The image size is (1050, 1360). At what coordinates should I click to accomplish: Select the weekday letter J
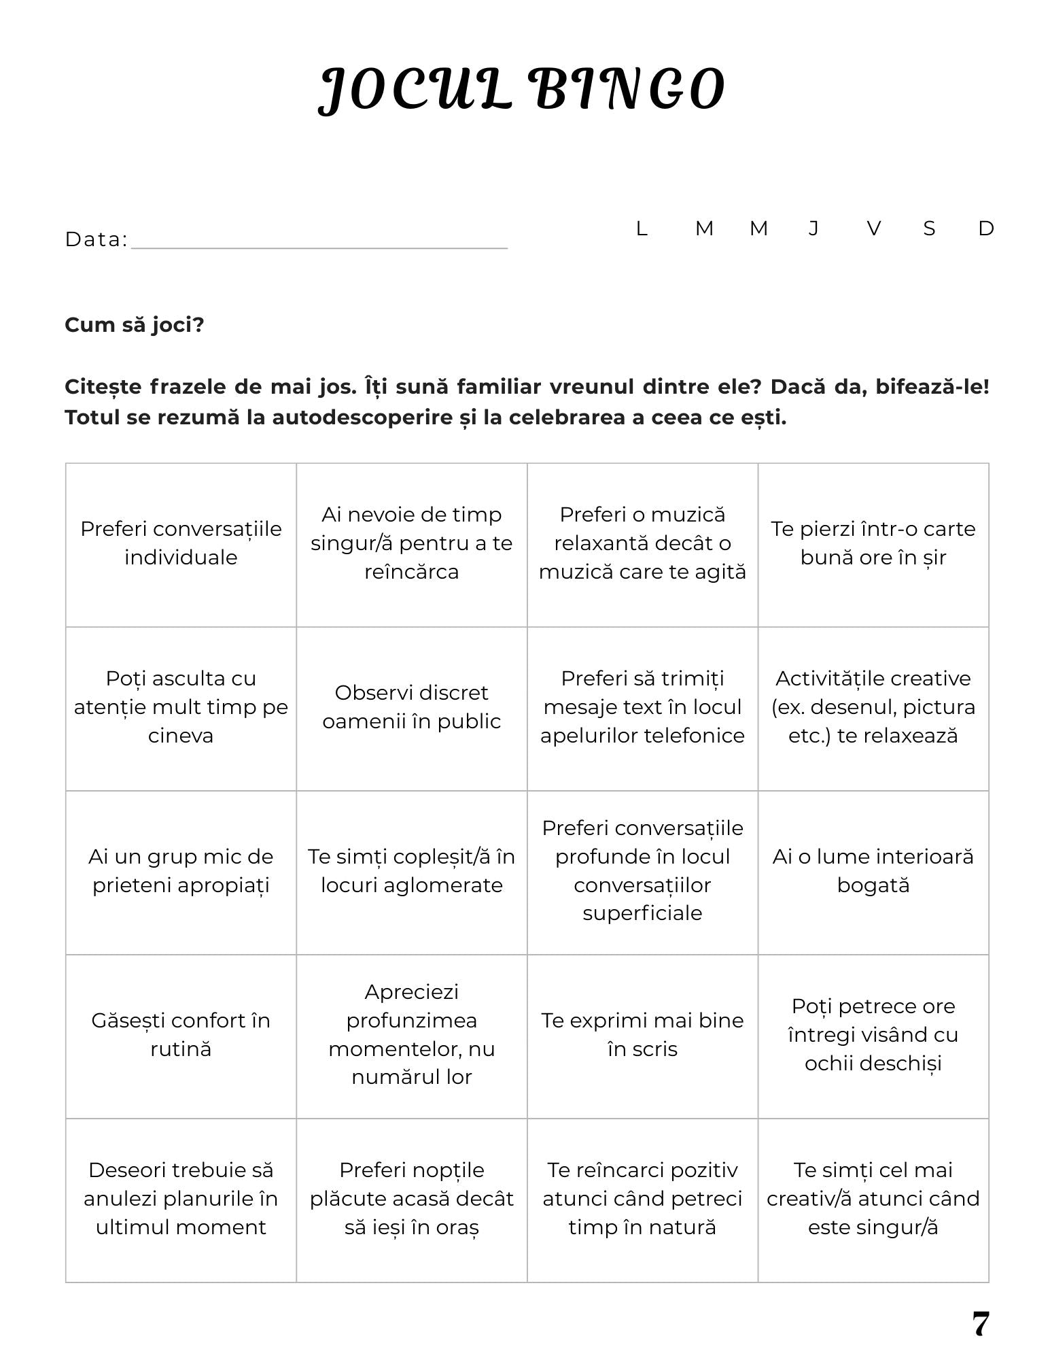tap(813, 228)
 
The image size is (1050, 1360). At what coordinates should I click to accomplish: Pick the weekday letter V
tap(874, 228)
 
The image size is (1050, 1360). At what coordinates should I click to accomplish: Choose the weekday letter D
tap(985, 228)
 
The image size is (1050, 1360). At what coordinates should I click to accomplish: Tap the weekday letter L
tap(641, 228)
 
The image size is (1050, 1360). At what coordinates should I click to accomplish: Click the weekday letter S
tap(929, 228)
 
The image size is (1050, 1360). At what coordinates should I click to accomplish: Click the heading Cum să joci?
tap(134, 325)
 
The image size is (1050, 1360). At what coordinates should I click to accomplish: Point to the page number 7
tap(980, 1324)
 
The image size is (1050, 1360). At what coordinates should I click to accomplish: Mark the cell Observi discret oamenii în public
tap(411, 707)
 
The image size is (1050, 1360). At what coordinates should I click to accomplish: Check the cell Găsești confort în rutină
tap(181, 1034)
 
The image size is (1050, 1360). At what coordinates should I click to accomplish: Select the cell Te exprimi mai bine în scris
tap(642, 1034)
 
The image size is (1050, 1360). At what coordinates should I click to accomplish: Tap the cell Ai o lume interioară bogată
tap(873, 870)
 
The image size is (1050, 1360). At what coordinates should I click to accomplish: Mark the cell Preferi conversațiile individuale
tap(181, 543)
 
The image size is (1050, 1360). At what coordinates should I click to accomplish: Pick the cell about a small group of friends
tap(181, 870)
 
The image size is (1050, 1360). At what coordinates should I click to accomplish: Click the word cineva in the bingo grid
tap(181, 736)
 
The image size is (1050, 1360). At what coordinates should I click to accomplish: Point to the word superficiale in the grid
tap(642, 913)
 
